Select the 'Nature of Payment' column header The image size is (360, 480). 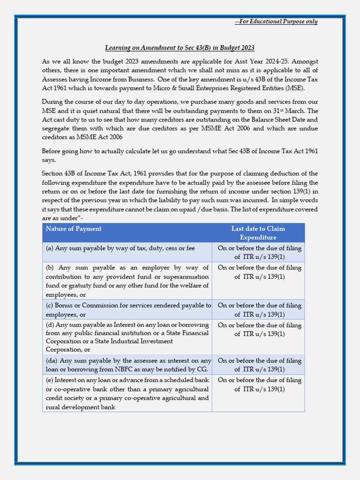[x=74, y=229]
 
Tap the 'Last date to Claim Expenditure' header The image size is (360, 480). [x=258, y=233]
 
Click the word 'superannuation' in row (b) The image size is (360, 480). [x=186, y=277]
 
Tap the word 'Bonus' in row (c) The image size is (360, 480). [x=64, y=305]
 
